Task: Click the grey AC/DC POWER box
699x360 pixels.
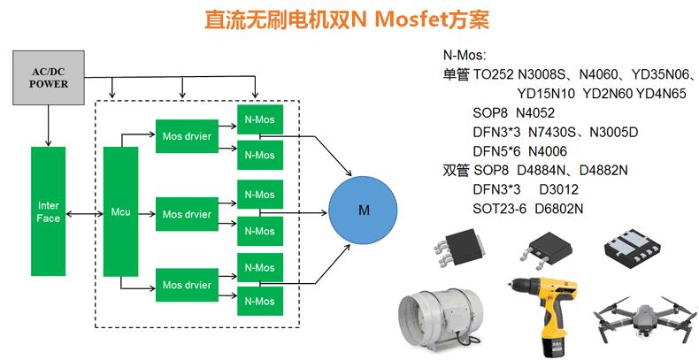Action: click(49, 78)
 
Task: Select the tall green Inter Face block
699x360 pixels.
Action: click(48, 211)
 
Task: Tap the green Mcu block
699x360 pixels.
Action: click(121, 211)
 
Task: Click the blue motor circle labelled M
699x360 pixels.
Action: click(363, 210)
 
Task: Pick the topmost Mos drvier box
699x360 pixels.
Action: click(187, 136)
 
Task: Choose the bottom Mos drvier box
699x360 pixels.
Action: click(187, 285)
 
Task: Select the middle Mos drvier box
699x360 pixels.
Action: click(187, 214)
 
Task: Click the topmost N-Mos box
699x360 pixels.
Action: click(260, 119)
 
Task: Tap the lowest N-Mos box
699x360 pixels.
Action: click(260, 302)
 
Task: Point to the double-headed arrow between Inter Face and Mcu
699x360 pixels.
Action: click(85, 214)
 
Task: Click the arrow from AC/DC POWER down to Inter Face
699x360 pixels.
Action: click(48, 126)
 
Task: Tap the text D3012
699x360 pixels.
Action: click(559, 189)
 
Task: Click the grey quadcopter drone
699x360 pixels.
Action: click(645, 318)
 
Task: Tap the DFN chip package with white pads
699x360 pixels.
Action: click(631, 249)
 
